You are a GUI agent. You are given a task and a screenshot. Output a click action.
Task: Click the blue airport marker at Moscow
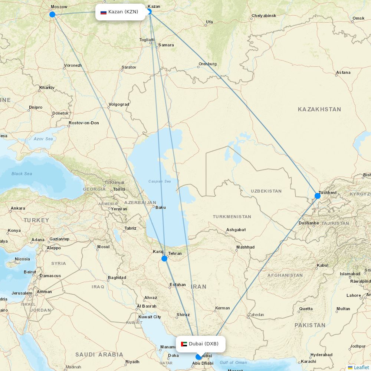click(52, 14)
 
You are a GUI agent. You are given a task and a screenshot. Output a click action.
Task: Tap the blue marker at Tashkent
click(318, 196)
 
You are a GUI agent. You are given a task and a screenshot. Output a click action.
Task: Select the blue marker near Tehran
click(164, 259)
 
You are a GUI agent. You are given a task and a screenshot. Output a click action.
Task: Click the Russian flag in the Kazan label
click(104, 12)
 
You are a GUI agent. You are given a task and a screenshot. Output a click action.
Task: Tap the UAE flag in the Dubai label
click(184, 344)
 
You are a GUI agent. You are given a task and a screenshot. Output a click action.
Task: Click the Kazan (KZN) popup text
click(123, 12)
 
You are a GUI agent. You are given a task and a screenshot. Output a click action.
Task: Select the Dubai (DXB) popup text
click(204, 344)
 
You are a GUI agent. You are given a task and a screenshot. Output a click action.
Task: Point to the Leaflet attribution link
click(361, 367)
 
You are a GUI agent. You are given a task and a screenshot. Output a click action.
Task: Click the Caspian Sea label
click(160, 181)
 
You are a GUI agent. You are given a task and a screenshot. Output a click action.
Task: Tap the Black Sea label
click(22, 174)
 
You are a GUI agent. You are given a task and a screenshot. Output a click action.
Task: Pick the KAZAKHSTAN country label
click(319, 109)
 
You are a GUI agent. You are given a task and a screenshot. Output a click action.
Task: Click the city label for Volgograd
click(119, 104)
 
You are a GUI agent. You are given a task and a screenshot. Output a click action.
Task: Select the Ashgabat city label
click(236, 230)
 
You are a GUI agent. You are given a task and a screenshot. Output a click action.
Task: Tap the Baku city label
click(161, 207)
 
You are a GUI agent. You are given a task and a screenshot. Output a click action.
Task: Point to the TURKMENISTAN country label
click(232, 217)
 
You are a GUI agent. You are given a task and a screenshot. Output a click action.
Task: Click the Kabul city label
click(322, 265)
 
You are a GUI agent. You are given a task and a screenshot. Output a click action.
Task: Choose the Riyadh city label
click(132, 362)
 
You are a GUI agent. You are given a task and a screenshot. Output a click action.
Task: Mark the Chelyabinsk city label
click(264, 16)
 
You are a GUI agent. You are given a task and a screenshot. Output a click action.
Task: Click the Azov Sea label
click(43, 139)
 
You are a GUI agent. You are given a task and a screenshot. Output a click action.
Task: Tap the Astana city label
click(343, 72)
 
